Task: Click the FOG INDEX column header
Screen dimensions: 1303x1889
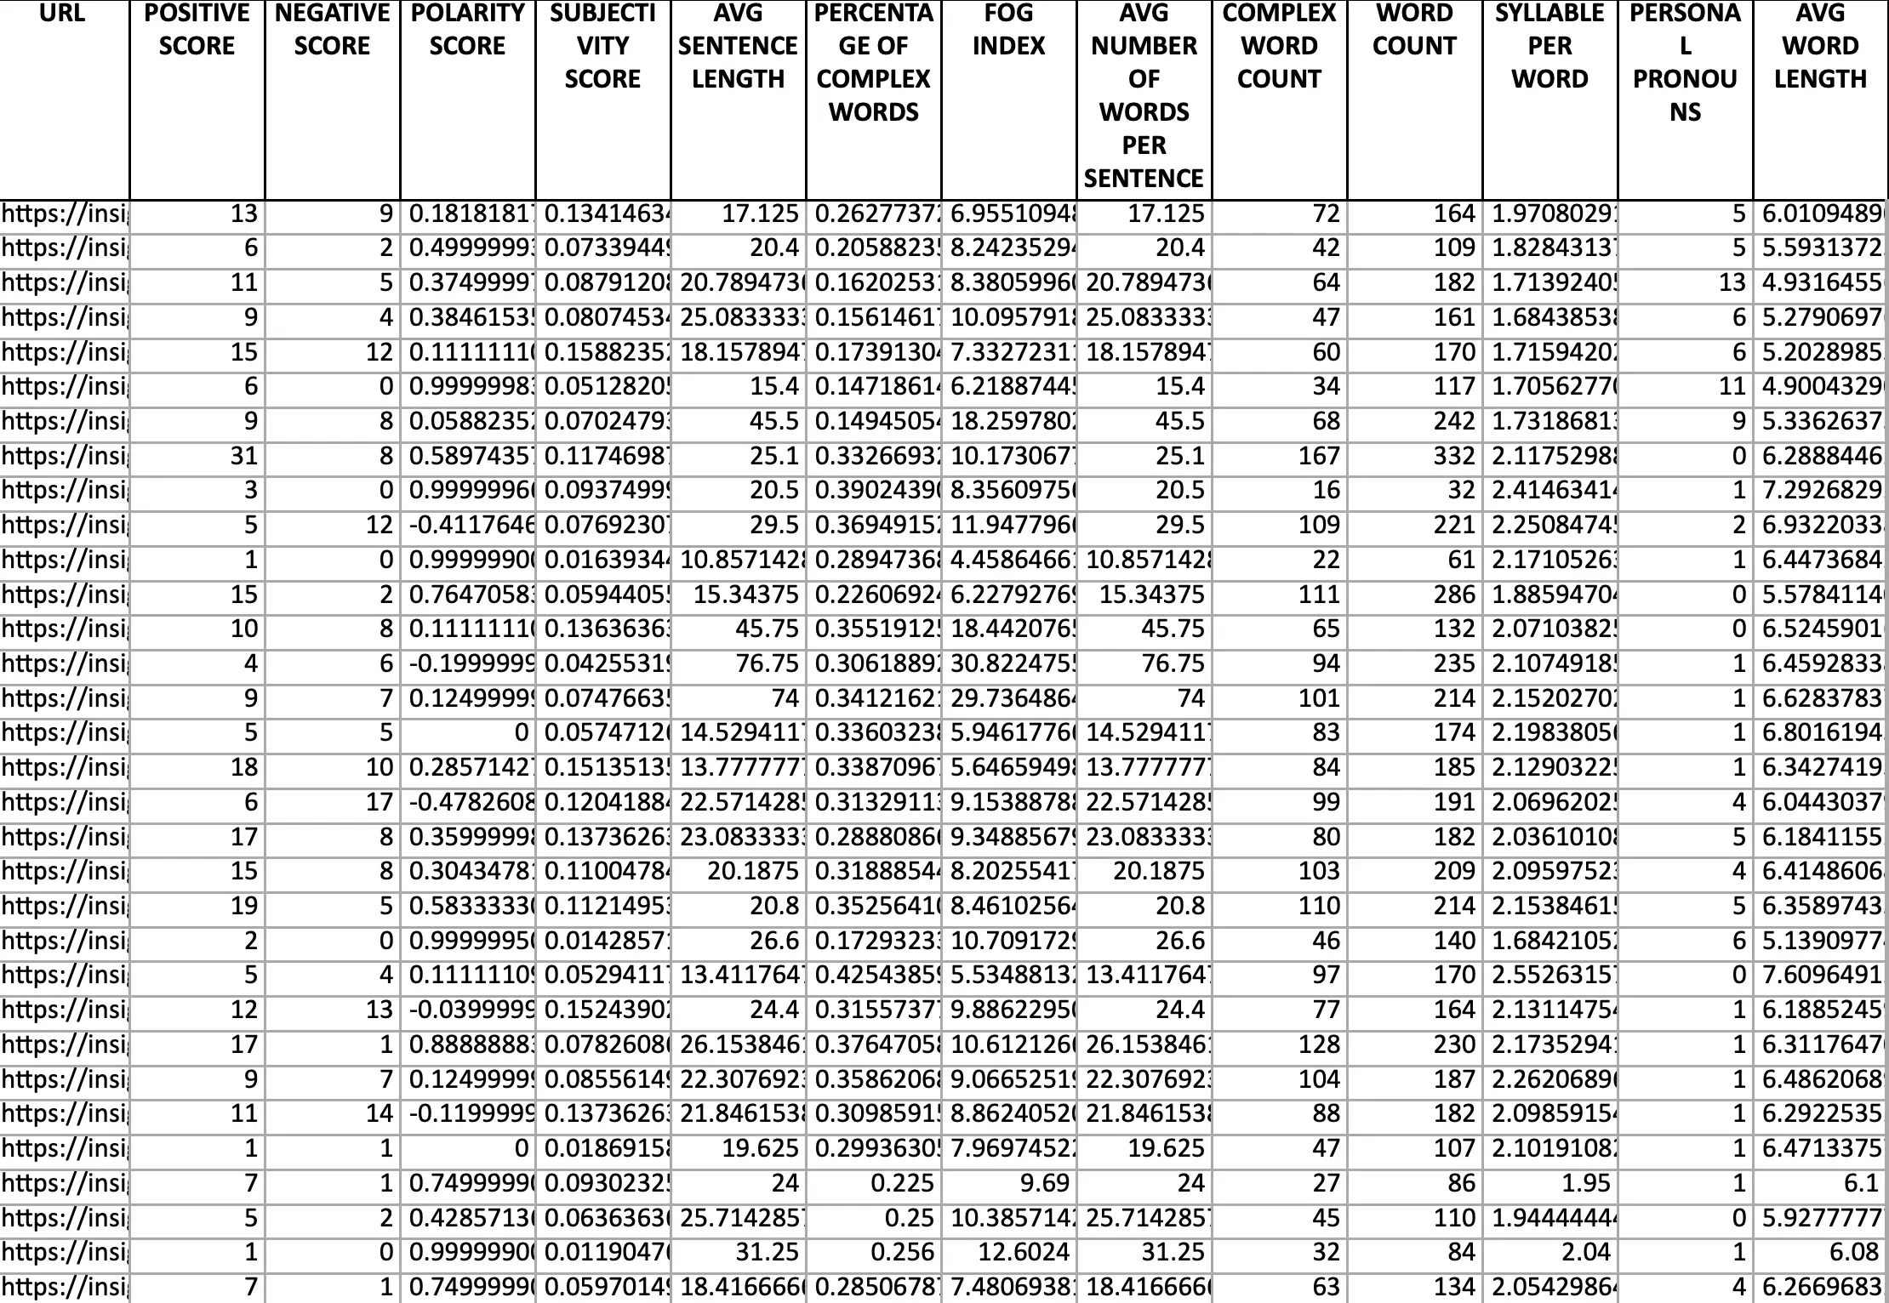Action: [1008, 30]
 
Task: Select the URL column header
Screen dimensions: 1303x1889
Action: [62, 14]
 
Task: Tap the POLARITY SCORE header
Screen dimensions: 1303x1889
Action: [467, 30]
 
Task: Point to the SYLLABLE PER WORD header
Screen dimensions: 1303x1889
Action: [1549, 46]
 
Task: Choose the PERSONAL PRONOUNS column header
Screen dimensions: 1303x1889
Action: [1685, 62]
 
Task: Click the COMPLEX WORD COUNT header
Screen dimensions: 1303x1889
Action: [1279, 46]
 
